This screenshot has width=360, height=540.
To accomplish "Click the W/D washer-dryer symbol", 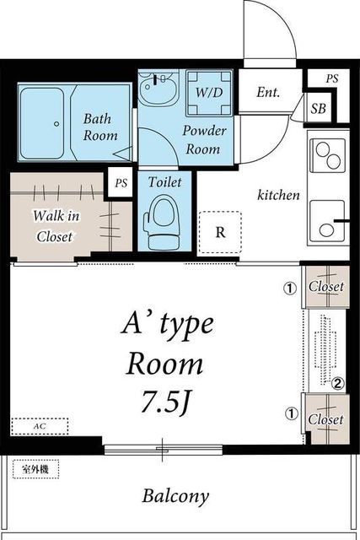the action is point(209,93).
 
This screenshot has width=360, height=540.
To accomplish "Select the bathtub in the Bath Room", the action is point(41,123).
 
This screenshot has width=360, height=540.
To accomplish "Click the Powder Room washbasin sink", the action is point(159,87).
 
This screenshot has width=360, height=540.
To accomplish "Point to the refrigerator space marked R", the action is point(220,233).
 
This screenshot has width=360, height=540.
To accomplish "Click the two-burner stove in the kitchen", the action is point(328,155).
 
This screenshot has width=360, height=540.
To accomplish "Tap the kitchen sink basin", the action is point(327,221).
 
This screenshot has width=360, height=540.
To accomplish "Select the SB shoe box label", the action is point(318,109).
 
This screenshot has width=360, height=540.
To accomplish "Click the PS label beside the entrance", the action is point(332,78).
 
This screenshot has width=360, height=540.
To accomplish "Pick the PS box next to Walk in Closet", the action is point(121,182).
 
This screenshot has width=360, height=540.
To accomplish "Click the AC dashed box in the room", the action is point(40,426).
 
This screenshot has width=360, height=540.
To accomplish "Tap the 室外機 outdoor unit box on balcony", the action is point(35,469).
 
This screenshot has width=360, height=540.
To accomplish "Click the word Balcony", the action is point(175,496).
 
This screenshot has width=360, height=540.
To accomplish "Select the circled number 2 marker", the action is point(337,383).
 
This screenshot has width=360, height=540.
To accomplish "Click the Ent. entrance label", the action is point(268,92).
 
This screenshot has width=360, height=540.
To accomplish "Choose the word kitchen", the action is point(278,195).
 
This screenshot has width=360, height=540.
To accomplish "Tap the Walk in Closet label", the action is point(56,226).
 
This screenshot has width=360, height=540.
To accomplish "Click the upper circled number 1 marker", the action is point(290,288).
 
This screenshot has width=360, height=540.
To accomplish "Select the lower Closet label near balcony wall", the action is point(325,419).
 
